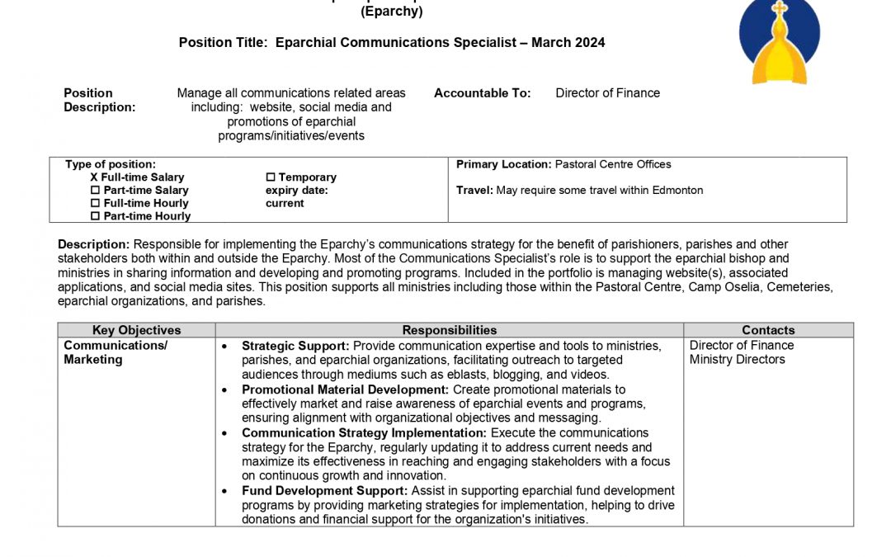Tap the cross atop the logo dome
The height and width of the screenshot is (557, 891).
(780, 9)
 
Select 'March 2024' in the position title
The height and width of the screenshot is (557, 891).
(568, 43)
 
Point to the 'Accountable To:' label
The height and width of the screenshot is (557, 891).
(483, 93)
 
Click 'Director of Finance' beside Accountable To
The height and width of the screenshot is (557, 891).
(608, 93)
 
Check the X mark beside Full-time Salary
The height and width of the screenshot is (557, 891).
(94, 177)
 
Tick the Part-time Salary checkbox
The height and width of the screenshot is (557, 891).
(95, 191)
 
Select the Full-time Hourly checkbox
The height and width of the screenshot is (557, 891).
(95, 204)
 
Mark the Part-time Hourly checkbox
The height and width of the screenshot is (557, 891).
(95, 216)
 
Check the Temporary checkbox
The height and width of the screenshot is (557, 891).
(271, 177)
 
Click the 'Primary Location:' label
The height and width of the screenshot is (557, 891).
(503, 164)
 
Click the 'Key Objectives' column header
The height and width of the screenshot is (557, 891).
(136, 330)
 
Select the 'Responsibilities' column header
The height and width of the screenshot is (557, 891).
(450, 330)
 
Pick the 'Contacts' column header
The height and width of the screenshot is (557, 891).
(768, 330)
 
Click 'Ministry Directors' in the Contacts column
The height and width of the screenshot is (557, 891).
(738, 360)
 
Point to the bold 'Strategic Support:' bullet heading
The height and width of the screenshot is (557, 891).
(295, 346)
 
